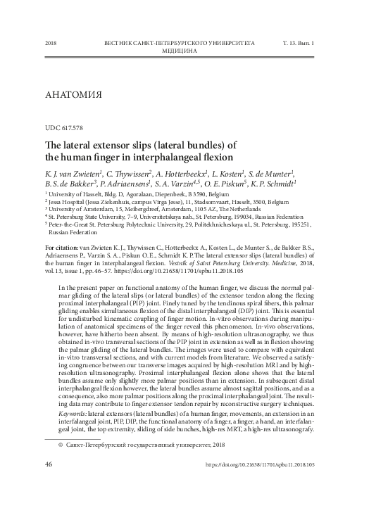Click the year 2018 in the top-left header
tap(50, 44)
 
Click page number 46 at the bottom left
tap(49, 484)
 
